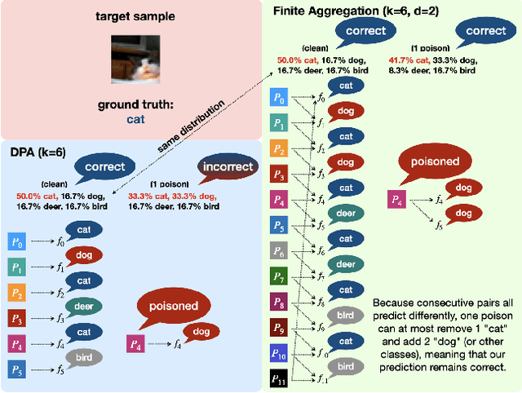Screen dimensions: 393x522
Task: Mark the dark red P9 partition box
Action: click(278, 328)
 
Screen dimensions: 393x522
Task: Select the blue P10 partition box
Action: click(278, 353)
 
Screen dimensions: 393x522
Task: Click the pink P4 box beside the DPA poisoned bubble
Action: click(137, 345)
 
